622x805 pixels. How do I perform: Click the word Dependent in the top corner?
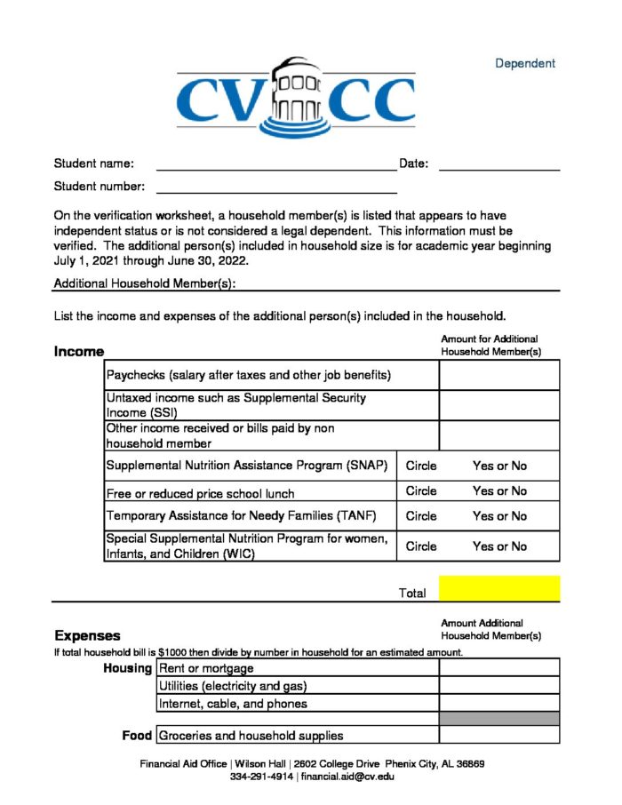(524, 63)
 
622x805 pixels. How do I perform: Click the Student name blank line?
(275, 163)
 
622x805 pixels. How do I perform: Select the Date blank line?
(498, 163)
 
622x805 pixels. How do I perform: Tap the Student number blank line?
(275, 187)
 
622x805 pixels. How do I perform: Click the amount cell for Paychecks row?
(498, 375)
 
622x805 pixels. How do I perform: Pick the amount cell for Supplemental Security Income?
(498, 405)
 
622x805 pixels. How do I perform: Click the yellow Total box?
(498, 588)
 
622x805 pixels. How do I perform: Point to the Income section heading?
(79, 352)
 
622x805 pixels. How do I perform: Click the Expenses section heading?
(87, 635)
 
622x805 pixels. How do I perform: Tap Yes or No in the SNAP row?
(499, 466)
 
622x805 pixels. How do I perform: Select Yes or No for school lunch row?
(499, 491)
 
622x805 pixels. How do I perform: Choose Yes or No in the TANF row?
(499, 516)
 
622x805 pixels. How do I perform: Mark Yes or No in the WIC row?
(499, 546)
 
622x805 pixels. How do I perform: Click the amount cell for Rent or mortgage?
(498, 667)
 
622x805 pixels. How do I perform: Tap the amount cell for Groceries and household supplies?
(498, 735)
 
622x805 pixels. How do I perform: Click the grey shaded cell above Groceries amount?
(498, 718)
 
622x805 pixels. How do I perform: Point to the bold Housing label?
(127, 667)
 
